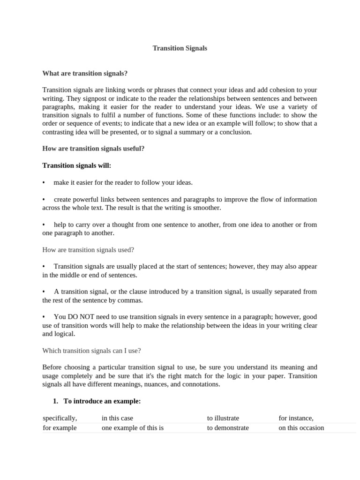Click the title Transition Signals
(180, 48)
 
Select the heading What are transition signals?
(85, 74)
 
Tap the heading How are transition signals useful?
(93, 149)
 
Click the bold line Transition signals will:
(76, 165)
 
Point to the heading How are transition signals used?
(88, 250)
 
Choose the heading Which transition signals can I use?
(91, 350)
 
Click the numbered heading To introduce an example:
(102, 401)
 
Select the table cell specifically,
(60, 418)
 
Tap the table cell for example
(60, 428)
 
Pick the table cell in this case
(120, 418)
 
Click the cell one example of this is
(132, 428)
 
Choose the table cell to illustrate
(223, 418)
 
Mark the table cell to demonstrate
(228, 428)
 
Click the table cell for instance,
(296, 418)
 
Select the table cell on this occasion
(301, 428)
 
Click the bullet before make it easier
(44, 183)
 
